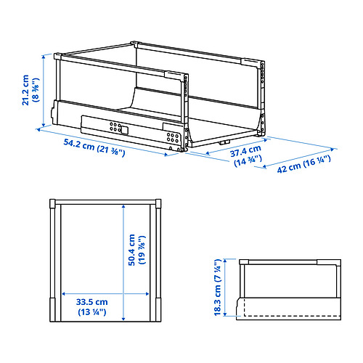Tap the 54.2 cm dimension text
[74, 145]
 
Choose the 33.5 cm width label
[92, 301]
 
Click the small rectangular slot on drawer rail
[123, 131]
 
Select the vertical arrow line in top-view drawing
[123, 261]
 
